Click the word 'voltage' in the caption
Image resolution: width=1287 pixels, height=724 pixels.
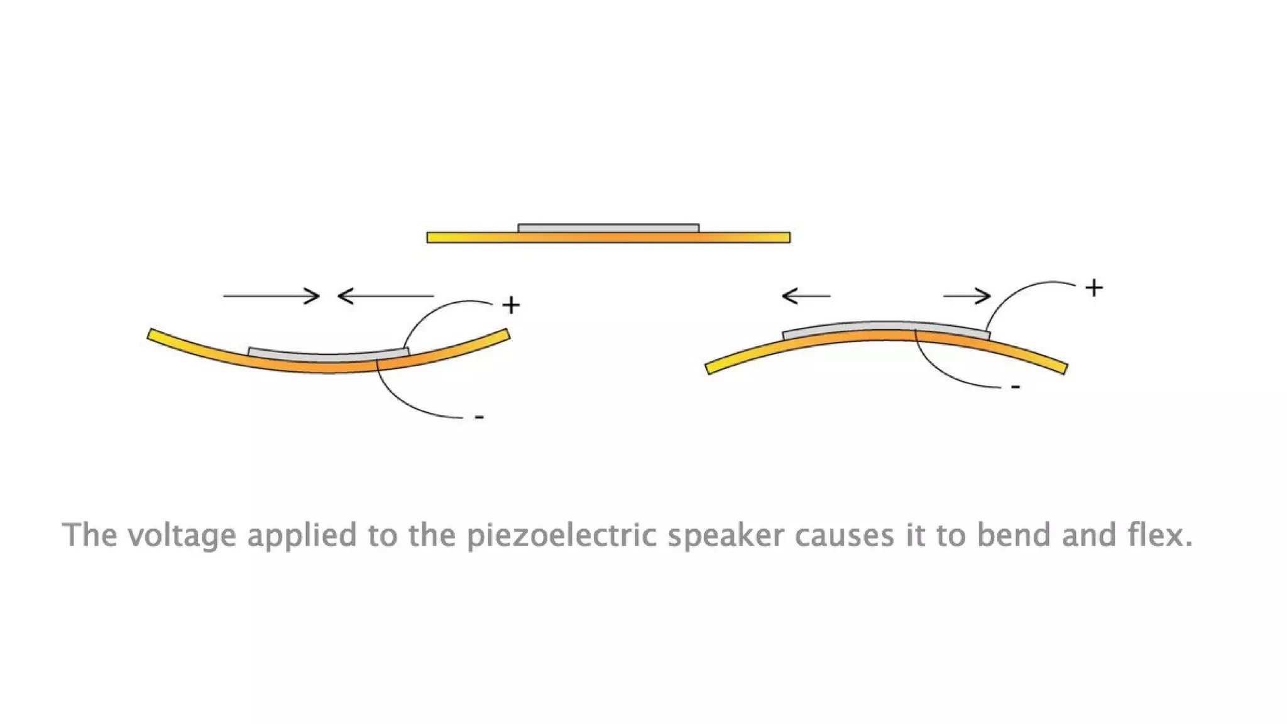(x=182, y=536)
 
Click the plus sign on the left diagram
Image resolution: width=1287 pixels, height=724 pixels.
(x=511, y=305)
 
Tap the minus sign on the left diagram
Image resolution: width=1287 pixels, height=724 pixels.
(x=479, y=417)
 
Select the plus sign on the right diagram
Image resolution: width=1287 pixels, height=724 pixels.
(x=1094, y=288)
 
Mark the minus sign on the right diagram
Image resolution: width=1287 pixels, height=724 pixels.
(x=1016, y=387)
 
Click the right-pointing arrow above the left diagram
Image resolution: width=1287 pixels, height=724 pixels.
(x=271, y=295)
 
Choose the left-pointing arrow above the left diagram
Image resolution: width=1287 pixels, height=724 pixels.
(x=385, y=295)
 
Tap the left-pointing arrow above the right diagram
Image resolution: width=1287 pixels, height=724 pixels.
(x=806, y=295)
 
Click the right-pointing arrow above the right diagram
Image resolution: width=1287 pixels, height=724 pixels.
(x=967, y=295)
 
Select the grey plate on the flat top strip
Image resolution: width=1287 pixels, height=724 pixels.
(x=608, y=228)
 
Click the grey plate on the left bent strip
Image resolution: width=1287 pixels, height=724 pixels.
(x=328, y=355)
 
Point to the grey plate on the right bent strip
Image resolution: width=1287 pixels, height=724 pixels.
(x=886, y=327)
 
